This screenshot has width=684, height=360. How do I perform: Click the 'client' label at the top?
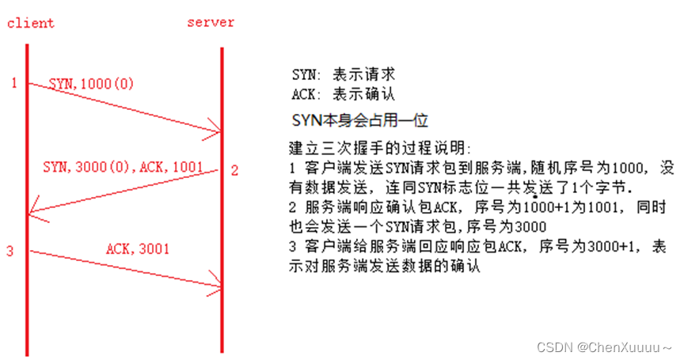(31, 23)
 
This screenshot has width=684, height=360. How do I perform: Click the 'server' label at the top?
(211, 22)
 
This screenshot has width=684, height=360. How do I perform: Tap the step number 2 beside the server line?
(234, 170)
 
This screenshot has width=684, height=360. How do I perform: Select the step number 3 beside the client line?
(10, 252)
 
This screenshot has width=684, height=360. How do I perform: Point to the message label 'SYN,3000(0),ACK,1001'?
(123, 168)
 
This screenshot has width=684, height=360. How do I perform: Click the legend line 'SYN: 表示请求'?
(343, 75)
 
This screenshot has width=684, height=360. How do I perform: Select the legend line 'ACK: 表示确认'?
(343, 95)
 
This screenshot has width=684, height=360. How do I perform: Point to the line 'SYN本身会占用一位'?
(360, 120)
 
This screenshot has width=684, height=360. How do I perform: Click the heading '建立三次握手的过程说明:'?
(380, 149)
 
